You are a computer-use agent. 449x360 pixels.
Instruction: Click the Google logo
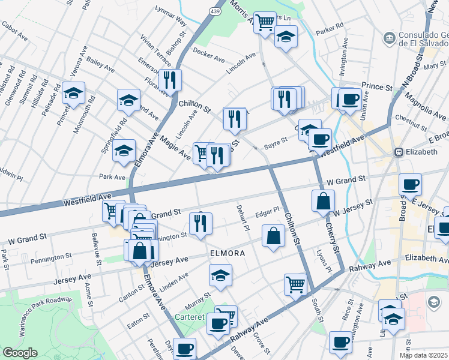pyautogui.click(x=20, y=353)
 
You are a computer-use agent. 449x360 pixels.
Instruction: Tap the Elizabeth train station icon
pyautogui.click(x=398, y=152)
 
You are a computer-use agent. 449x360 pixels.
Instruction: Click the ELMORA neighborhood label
pyautogui.click(x=227, y=253)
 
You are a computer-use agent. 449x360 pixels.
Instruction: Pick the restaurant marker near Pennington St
pyautogui.click(x=200, y=223)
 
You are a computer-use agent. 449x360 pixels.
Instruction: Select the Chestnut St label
pyautogui.click(x=411, y=120)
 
